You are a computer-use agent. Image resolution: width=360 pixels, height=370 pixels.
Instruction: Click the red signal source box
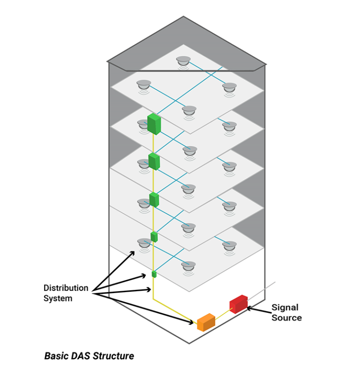(239, 304)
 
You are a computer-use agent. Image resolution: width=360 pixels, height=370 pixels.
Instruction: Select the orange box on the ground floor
(206, 322)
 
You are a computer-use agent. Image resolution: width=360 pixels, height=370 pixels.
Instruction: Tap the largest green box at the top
(154, 124)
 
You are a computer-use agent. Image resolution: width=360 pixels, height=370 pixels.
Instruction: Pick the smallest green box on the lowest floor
(154, 274)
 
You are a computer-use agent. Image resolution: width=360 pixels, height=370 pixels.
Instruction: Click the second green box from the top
(154, 161)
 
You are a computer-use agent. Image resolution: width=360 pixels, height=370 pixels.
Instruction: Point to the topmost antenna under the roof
(183, 61)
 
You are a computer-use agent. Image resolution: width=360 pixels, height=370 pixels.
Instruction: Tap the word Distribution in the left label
(66, 288)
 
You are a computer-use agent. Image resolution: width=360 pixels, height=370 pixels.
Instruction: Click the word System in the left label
(58, 298)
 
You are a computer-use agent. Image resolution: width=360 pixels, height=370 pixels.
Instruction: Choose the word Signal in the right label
(285, 308)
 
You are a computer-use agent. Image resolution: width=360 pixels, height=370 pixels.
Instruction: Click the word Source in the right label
(286, 318)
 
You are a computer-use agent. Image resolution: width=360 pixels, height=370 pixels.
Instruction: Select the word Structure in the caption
(113, 356)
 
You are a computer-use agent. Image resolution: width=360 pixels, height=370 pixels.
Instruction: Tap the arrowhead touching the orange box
(192, 322)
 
